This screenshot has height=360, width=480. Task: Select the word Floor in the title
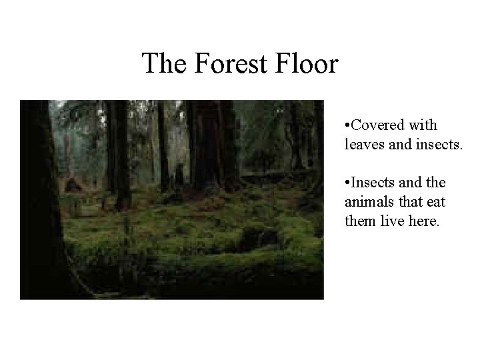click(x=309, y=64)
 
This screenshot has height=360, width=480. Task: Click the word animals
click(x=367, y=201)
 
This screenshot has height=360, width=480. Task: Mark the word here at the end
click(x=423, y=220)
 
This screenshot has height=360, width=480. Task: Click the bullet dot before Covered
click(x=347, y=125)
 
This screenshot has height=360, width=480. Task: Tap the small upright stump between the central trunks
click(x=179, y=177)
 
